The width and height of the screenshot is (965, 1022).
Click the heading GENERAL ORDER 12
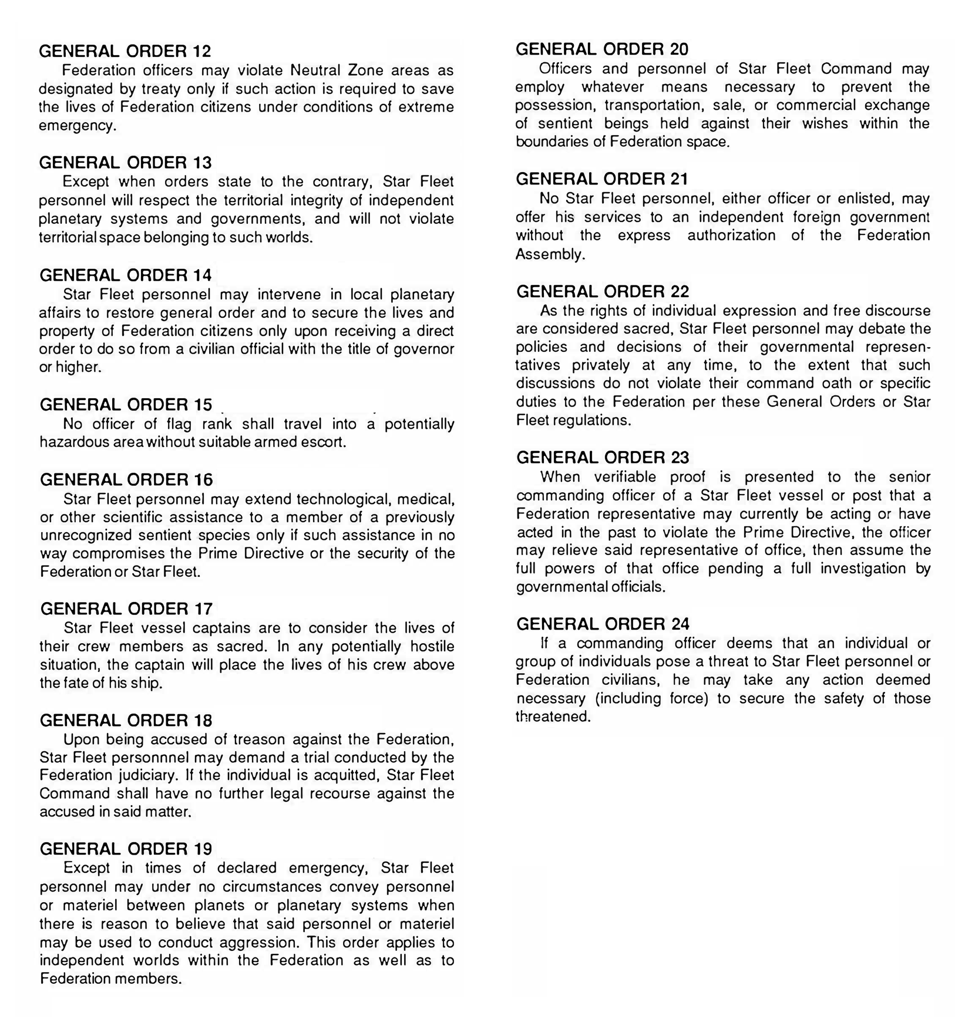coord(125,51)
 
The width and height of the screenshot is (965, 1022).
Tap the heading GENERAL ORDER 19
coord(126,849)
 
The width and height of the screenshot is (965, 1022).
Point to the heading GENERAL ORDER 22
coord(603,291)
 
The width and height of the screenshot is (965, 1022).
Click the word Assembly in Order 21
coord(549,254)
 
